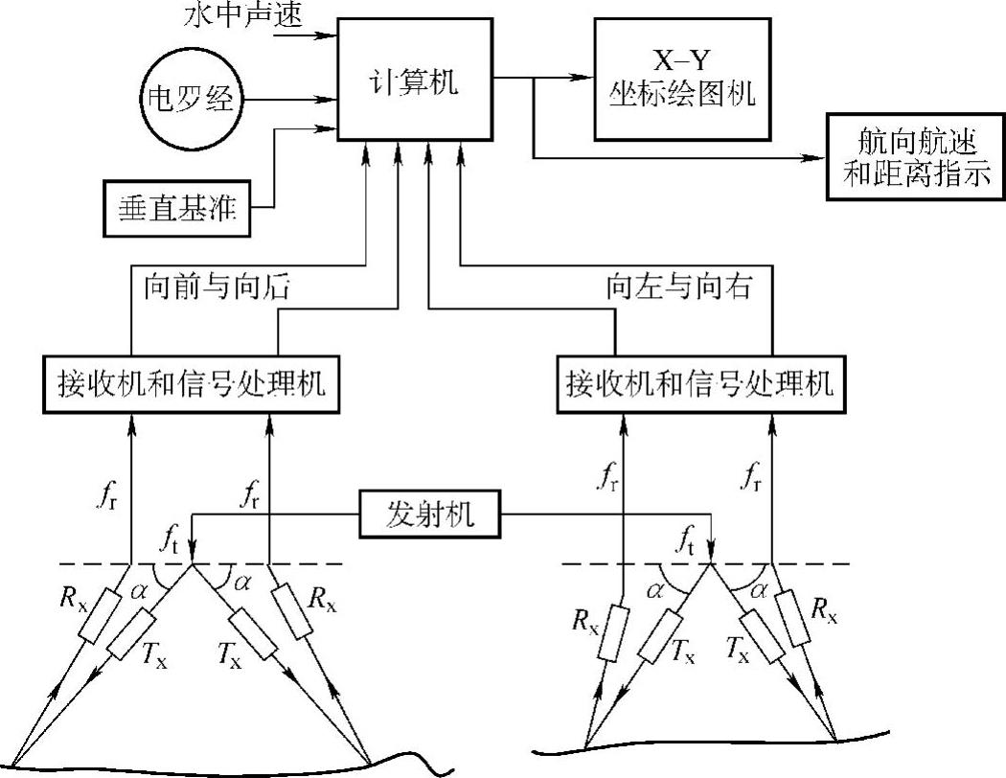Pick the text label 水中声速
(x=242, y=14)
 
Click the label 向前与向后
(x=217, y=286)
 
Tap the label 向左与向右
(x=678, y=286)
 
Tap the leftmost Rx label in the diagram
(x=73, y=599)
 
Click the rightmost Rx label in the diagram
(x=824, y=610)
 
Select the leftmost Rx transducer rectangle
(x=100, y=617)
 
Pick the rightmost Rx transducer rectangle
(x=791, y=618)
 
